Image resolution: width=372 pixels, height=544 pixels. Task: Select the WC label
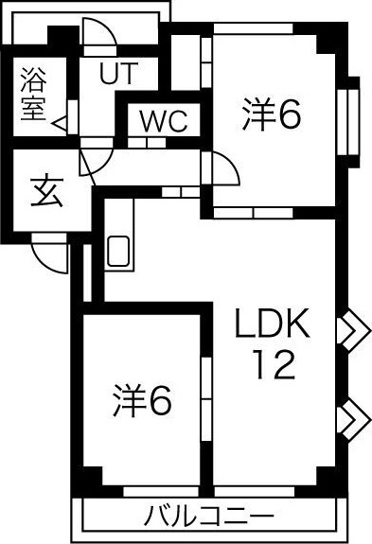[x=164, y=121]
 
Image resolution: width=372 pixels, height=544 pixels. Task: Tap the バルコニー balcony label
[x=209, y=518]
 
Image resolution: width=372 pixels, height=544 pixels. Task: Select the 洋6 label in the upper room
[x=271, y=115]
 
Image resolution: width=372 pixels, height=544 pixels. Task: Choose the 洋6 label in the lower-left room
[x=145, y=401]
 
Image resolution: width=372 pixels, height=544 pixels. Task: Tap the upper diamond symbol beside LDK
[x=353, y=329]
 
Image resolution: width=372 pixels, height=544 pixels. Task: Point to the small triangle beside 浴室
[x=59, y=122]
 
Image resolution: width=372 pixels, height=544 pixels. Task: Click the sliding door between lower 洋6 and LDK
[x=204, y=397]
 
